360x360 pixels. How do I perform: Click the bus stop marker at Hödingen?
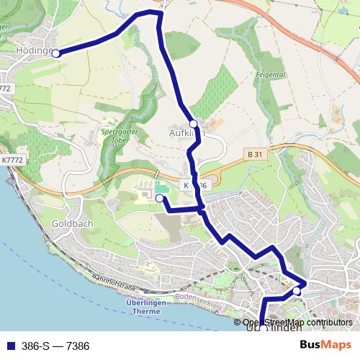point(55,53)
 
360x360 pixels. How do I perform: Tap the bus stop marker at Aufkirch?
point(193,124)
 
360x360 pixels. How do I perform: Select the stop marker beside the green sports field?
point(159,197)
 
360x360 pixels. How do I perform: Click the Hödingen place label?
point(32,51)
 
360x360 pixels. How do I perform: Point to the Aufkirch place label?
point(186,133)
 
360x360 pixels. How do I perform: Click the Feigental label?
point(270,74)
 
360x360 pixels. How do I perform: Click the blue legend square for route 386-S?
point(8,346)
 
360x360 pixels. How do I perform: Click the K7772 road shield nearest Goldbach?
point(12,160)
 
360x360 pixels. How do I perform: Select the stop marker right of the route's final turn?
point(297,291)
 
